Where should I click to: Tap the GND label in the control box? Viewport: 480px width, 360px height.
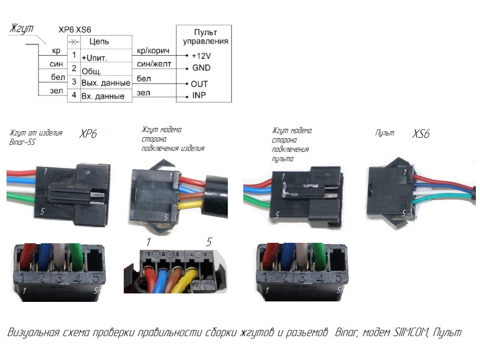click(201, 67)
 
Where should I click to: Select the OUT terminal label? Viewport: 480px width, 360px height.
click(199, 84)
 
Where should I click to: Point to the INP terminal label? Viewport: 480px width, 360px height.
click(199, 96)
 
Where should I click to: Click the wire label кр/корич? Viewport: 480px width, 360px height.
click(152, 50)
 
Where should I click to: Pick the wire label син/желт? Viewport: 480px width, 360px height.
click(154, 63)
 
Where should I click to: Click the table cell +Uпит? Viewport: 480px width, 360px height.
click(95, 58)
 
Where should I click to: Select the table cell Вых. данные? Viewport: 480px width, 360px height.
click(106, 83)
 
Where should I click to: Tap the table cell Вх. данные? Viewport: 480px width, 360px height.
click(103, 96)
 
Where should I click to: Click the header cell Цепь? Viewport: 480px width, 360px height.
click(99, 41)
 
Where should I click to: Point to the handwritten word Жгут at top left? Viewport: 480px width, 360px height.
click(22, 29)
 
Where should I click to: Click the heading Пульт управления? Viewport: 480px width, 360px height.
click(205, 37)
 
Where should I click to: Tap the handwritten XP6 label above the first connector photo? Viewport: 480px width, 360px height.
click(89, 134)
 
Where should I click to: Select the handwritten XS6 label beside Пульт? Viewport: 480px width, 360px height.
click(420, 135)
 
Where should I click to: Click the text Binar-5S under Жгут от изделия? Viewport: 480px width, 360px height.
click(22, 142)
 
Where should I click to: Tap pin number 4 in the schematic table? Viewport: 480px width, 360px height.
click(73, 96)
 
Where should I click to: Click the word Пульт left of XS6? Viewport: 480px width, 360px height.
click(384, 133)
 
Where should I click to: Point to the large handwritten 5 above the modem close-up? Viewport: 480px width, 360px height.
click(209, 242)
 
